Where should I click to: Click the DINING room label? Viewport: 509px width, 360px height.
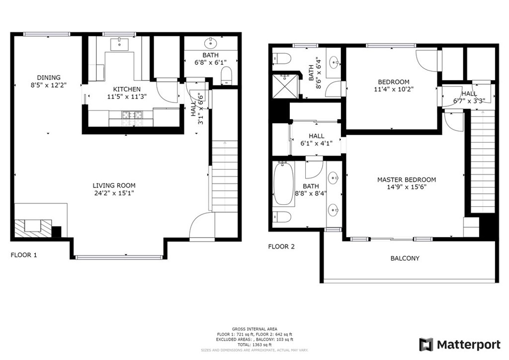(49, 78)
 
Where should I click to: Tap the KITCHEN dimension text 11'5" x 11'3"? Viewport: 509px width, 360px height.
(127, 96)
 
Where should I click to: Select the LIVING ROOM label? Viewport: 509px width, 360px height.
(114, 185)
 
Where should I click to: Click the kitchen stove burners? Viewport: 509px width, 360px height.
(132, 114)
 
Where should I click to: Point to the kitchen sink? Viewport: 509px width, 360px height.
(119, 44)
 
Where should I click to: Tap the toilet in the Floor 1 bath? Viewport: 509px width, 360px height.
(227, 75)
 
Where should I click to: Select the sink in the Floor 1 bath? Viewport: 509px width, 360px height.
(211, 43)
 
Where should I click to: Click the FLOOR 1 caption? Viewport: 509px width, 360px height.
(24, 255)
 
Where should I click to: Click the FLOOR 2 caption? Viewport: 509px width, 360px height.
(281, 247)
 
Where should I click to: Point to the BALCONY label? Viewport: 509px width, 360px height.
(405, 259)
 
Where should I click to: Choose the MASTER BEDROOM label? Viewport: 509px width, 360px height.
(407, 180)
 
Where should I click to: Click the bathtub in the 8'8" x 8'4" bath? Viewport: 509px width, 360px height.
(284, 184)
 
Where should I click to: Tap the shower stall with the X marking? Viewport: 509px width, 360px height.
(285, 86)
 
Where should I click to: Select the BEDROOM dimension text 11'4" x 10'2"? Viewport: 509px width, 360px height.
(394, 90)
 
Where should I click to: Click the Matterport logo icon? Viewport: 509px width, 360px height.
(426, 345)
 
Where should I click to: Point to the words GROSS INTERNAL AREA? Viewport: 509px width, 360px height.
(254, 329)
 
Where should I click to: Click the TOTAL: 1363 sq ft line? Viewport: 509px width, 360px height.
(254, 345)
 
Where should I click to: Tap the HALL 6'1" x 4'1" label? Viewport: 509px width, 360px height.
(317, 140)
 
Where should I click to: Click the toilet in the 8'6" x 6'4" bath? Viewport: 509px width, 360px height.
(282, 59)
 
